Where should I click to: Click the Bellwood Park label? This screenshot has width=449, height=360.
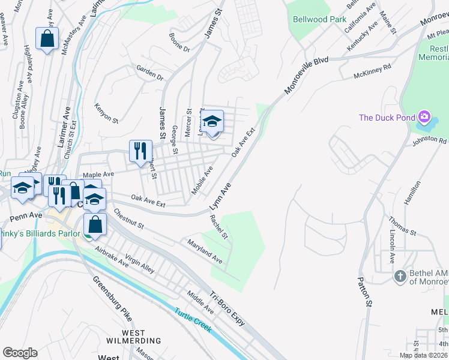tap(319, 19)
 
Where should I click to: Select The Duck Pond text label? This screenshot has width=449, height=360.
tap(387, 118)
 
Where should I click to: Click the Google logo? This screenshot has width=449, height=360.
tap(20, 353)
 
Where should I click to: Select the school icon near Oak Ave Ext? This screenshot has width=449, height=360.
tap(211, 121)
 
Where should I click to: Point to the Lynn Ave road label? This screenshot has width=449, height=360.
tap(220, 197)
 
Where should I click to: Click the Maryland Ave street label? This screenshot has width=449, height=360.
tap(205, 252)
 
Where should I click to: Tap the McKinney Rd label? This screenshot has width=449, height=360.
tap(372, 71)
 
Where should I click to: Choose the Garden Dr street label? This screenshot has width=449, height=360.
tap(150, 73)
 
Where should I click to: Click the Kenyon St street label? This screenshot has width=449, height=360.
tap(106, 113)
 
